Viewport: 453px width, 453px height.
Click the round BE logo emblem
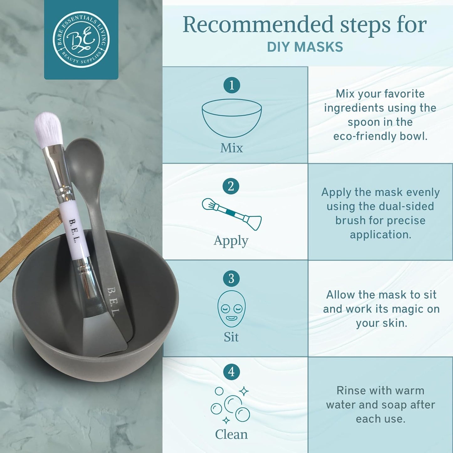(x=81, y=40)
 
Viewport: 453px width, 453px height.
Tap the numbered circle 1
(x=232, y=85)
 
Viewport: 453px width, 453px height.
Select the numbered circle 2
(x=231, y=186)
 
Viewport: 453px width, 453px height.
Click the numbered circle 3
(x=231, y=278)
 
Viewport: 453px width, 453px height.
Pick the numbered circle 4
(x=231, y=372)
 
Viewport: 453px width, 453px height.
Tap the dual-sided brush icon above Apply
(x=232, y=214)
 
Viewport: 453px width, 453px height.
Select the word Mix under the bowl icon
(x=231, y=148)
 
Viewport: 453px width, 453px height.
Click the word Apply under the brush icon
(x=231, y=241)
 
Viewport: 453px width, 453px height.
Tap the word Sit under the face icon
(x=231, y=337)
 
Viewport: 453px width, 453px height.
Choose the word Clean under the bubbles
(x=231, y=434)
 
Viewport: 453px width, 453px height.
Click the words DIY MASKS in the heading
(x=305, y=47)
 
